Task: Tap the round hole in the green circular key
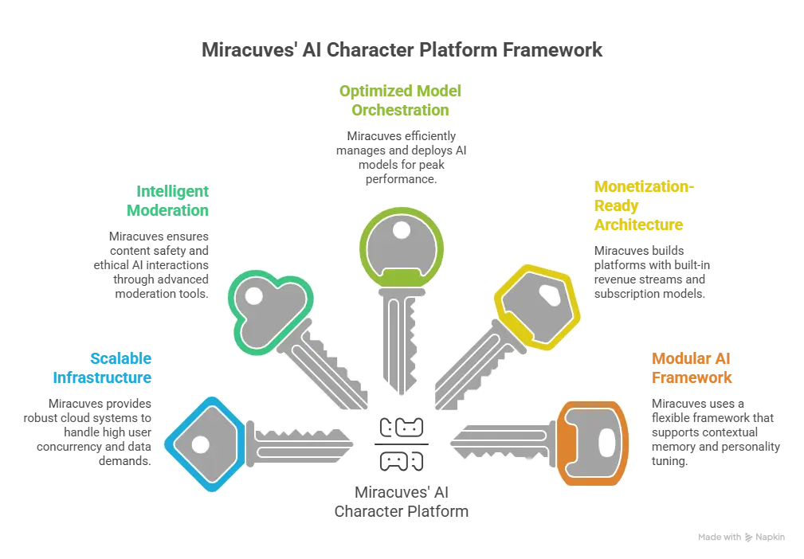click(x=402, y=231)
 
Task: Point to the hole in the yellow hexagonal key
click(x=549, y=295)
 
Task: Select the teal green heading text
click(x=167, y=201)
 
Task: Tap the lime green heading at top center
click(x=401, y=101)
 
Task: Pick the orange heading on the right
click(x=691, y=368)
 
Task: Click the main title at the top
click(x=401, y=49)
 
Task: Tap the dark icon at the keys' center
click(x=401, y=440)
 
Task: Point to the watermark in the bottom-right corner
click(x=740, y=534)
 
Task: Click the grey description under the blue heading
click(x=88, y=428)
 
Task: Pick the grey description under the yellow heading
click(x=651, y=271)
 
